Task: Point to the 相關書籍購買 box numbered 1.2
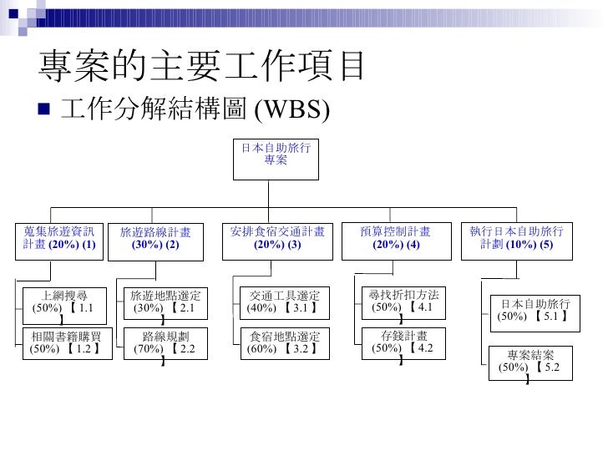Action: click(64, 342)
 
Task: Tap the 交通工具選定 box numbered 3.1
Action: click(285, 302)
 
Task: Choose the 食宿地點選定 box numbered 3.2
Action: click(285, 342)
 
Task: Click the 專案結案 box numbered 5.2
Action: click(530, 361)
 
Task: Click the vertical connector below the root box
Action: click(276, 192)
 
